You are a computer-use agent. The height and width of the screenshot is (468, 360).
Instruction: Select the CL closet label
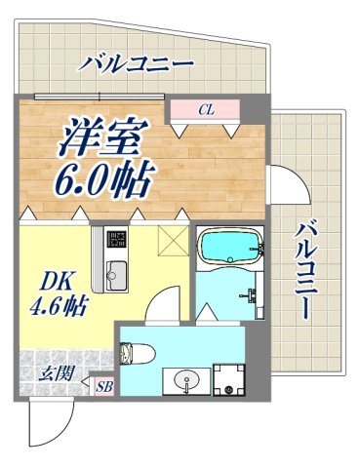(205, 109)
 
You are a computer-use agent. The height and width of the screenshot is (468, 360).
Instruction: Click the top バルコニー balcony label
(137, 66)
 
